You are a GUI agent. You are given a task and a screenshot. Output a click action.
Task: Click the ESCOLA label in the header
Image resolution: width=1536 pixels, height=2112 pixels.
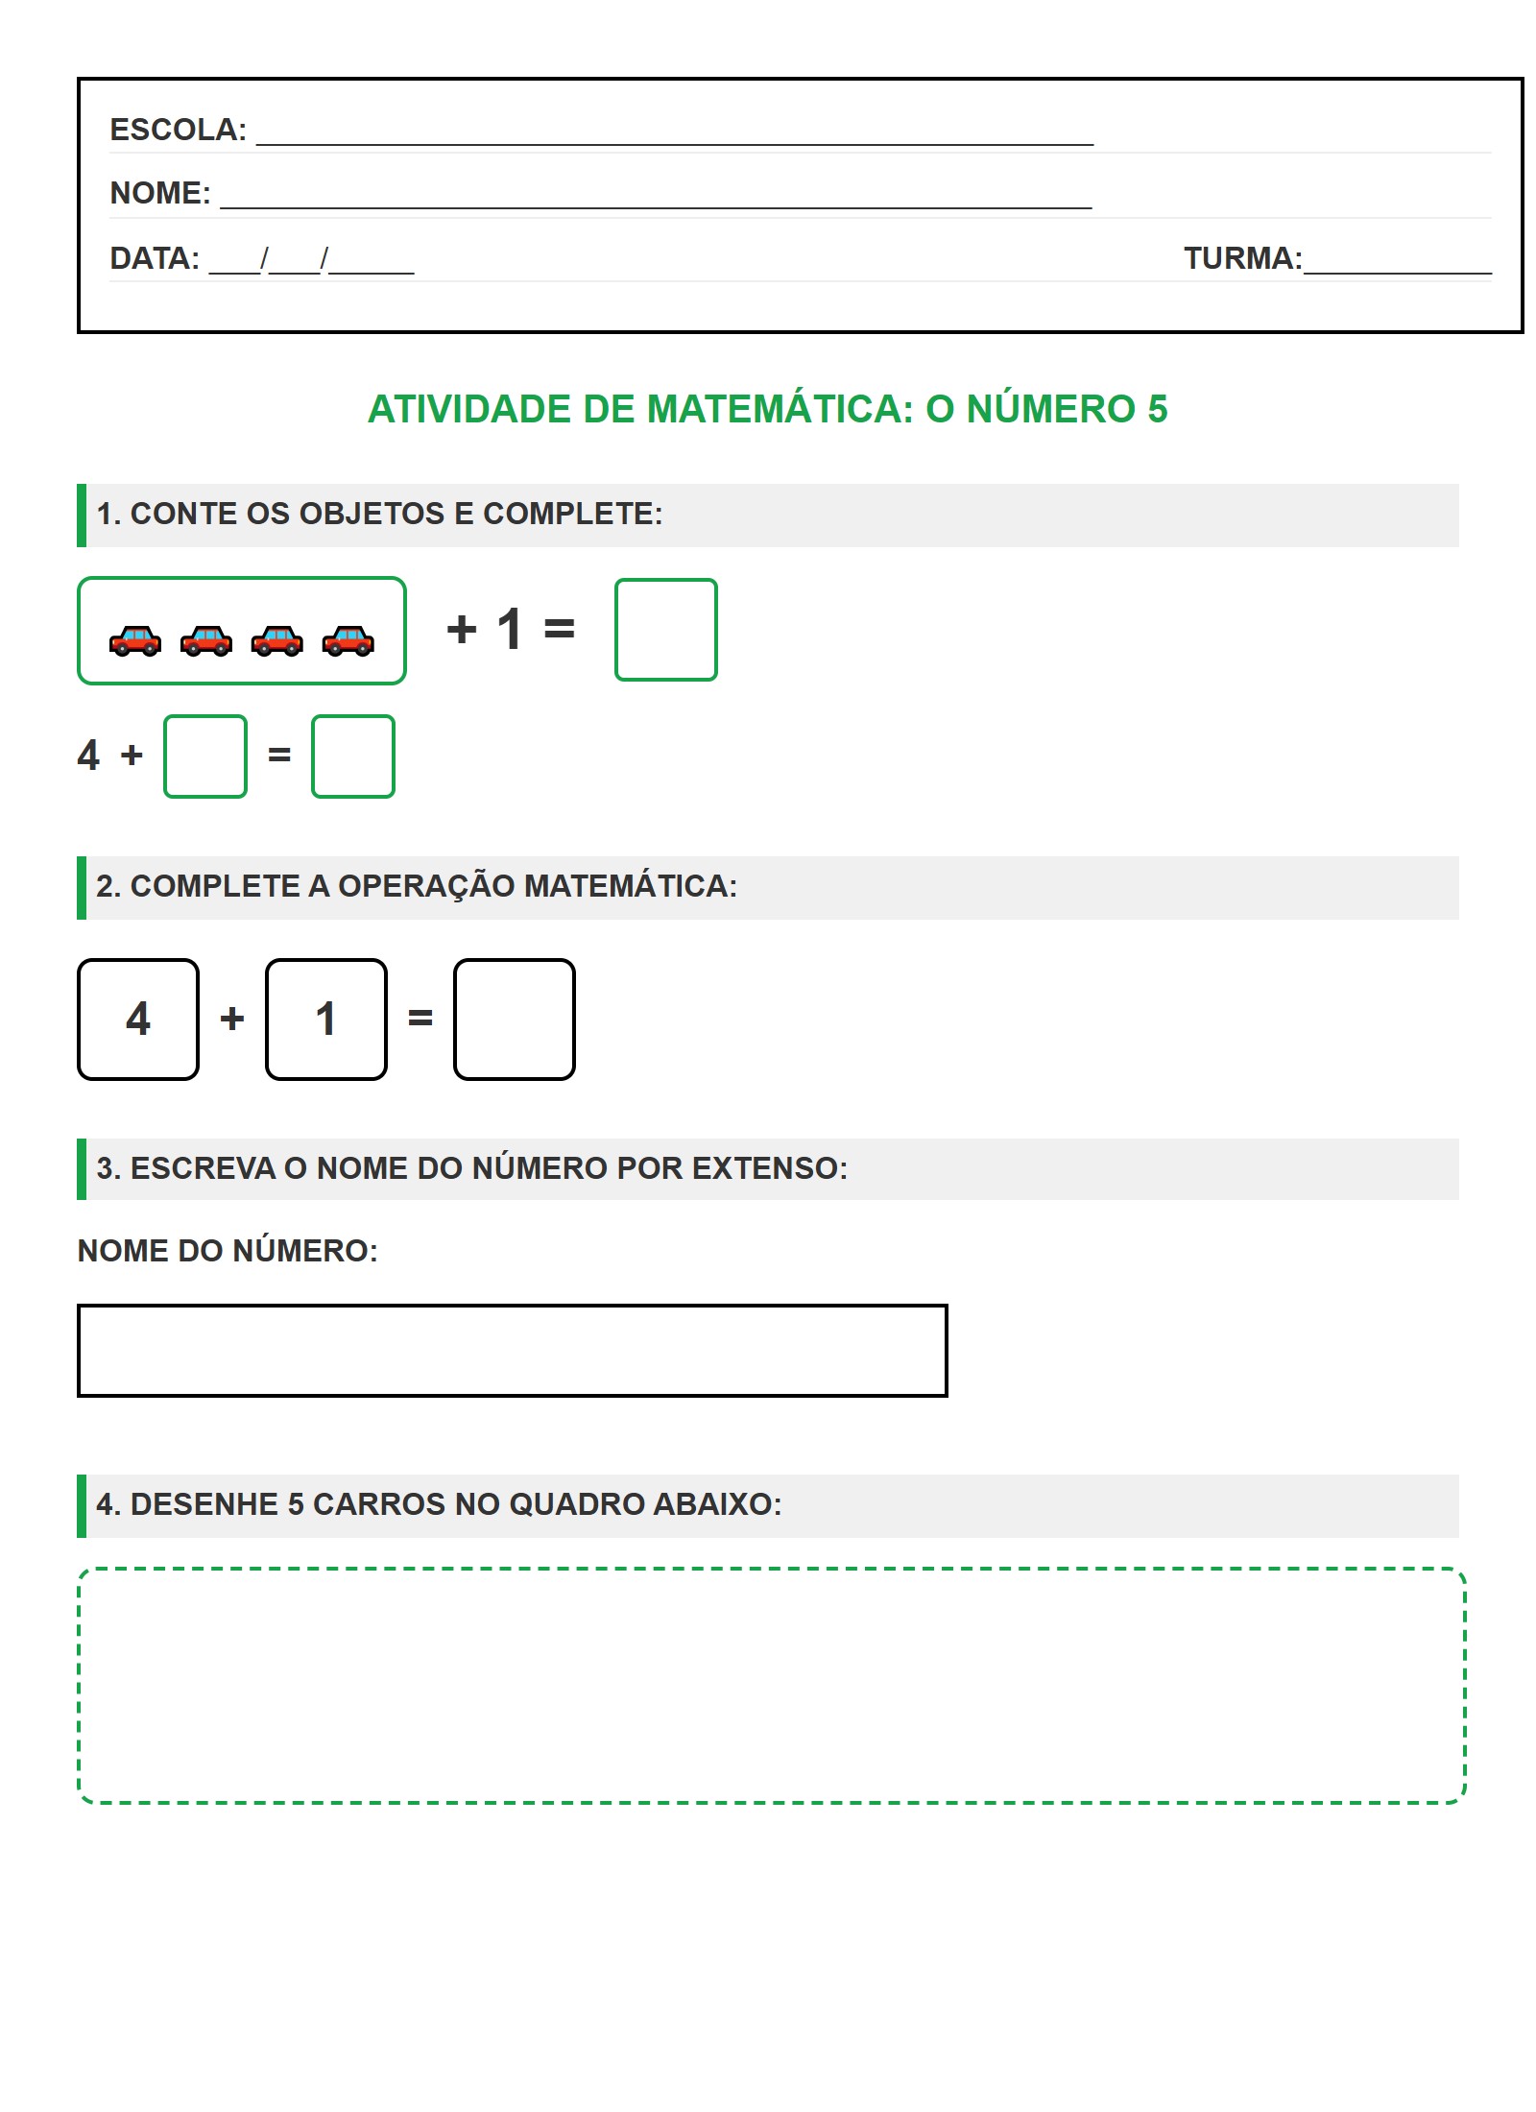click(178, 130)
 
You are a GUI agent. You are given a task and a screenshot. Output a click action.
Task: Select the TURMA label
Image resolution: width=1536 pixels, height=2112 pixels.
click(1242, 258)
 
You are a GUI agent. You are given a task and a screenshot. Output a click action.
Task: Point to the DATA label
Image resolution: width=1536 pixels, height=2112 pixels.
click(155, 258)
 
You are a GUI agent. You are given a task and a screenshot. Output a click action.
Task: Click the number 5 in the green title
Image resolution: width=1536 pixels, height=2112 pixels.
click(1157, 409)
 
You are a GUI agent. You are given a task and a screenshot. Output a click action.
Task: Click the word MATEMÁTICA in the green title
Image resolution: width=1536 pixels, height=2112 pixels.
click(780, 409)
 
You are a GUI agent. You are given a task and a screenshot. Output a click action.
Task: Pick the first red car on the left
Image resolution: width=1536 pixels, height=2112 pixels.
click(135, 640)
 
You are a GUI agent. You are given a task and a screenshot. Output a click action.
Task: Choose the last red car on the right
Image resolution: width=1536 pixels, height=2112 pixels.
click(348, 640)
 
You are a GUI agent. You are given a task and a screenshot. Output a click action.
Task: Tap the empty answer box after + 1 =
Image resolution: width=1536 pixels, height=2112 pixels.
click(665, 630)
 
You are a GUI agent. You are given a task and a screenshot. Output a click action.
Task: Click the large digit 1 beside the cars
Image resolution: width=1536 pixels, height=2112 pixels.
click(510, 630)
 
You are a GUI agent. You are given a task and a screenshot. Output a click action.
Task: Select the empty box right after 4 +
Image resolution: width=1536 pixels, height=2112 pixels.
click(205, 756)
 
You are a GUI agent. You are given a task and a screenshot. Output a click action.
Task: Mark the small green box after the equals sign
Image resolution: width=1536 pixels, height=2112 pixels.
click(353, 756)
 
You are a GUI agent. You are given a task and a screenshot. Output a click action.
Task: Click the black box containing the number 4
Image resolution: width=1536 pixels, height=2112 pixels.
click(138, 1020)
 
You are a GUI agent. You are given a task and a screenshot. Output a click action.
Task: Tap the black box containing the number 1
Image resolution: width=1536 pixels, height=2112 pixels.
click(326, 1020)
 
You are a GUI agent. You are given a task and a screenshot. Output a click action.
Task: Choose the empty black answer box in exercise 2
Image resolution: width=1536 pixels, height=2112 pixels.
click(515, 1020)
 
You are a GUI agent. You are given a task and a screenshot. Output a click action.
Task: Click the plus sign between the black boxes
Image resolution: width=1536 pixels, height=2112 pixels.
click(232, 1019)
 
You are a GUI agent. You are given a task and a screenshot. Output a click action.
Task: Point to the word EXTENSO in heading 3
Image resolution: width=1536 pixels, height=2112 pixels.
click(769, 1168)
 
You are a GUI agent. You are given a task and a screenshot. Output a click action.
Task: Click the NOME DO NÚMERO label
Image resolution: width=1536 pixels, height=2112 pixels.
click(228, 1251)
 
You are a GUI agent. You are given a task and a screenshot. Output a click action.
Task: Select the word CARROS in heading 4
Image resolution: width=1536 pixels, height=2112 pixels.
click(379, 1504)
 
